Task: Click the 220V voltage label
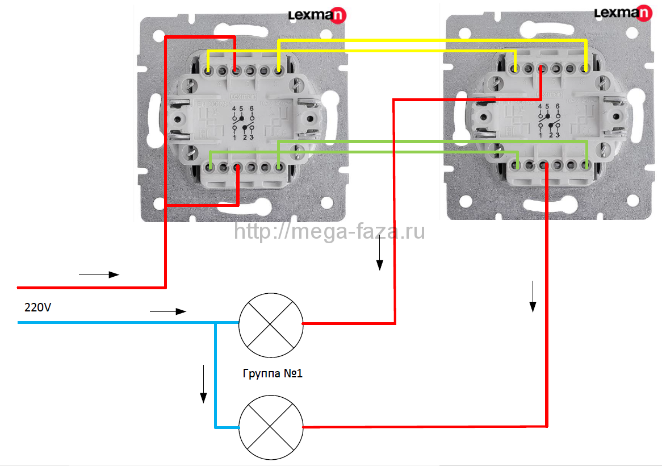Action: [37, 308]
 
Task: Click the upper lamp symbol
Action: [270, 323]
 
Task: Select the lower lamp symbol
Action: [270, 427]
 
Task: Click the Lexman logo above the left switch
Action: [317, 15]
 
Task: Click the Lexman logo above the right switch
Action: [623, 13]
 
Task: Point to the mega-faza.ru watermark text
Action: [329, 231]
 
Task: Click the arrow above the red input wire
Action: [99, 275]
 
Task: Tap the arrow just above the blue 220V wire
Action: [168, 311]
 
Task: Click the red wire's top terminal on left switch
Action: [236, 71]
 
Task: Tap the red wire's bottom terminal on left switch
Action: [237, 168]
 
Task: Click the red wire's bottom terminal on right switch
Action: [543, 165]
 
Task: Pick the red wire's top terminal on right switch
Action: [542, 69]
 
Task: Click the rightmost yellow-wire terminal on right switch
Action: [585, 69]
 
